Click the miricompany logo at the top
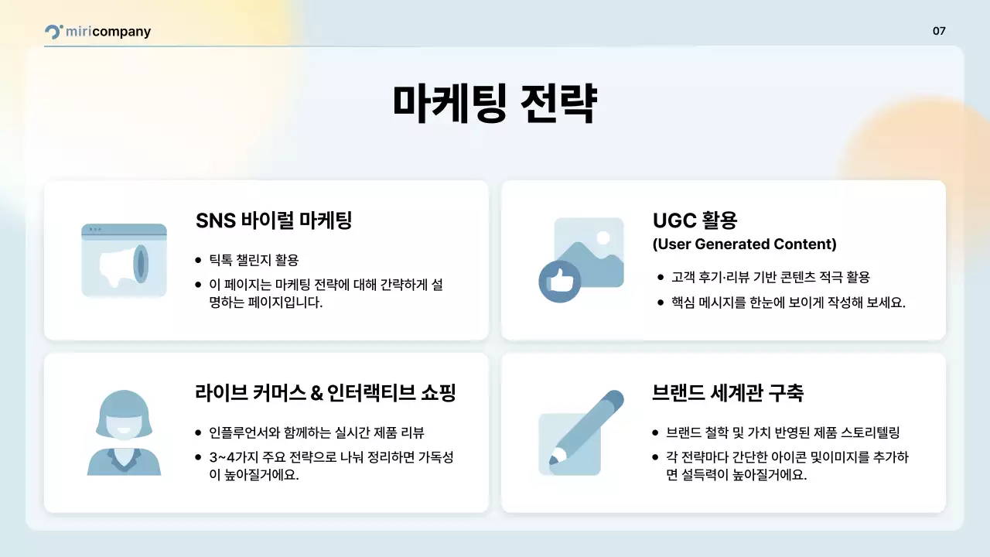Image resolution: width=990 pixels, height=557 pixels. point(97,32)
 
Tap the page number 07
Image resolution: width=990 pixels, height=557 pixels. point(939,32)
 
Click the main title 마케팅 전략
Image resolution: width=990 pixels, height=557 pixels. point(494,104)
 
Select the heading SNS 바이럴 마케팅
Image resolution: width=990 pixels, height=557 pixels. point(274,220)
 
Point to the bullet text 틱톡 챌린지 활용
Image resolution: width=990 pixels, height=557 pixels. point(254,259)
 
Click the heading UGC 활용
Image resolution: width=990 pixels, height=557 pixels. point(695,220)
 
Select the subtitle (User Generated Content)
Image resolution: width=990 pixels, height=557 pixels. point(744,244)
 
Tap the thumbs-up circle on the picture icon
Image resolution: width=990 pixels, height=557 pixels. point(559,280)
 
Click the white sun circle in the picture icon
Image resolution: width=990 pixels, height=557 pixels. point(603,237)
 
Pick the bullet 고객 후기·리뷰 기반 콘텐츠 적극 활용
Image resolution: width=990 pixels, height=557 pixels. point(770,277)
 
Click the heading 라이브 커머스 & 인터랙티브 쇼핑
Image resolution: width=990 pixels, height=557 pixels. point(325,393)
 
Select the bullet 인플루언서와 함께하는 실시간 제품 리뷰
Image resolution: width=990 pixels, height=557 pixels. point(317,432)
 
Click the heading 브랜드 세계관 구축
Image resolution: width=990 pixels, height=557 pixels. point(728,393)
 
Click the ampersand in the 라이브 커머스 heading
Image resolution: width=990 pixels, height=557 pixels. point(316,394)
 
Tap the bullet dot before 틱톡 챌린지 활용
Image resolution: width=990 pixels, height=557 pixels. point(199,260)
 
